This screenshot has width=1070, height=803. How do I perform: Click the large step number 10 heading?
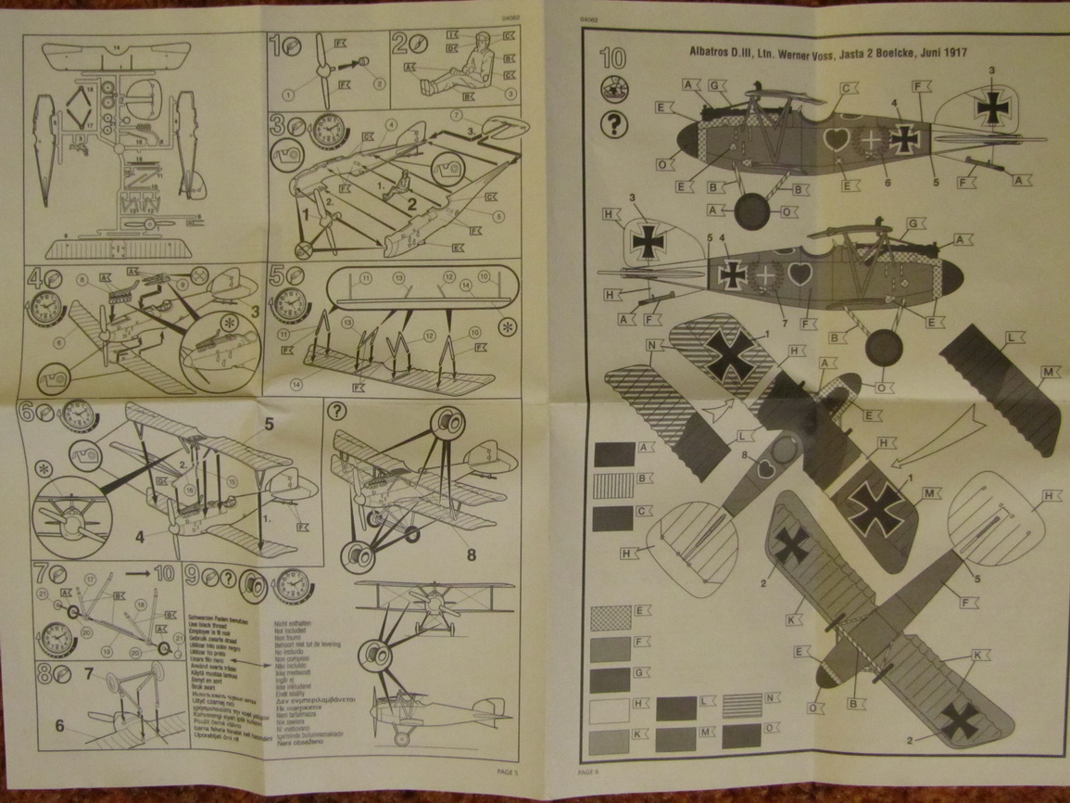pyautogui.click(x=612, y=58)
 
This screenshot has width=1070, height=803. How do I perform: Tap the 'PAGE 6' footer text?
pyautogui.click(x=590, y=771)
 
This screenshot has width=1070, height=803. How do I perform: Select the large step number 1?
pyautogui.click(x=275, y=43)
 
